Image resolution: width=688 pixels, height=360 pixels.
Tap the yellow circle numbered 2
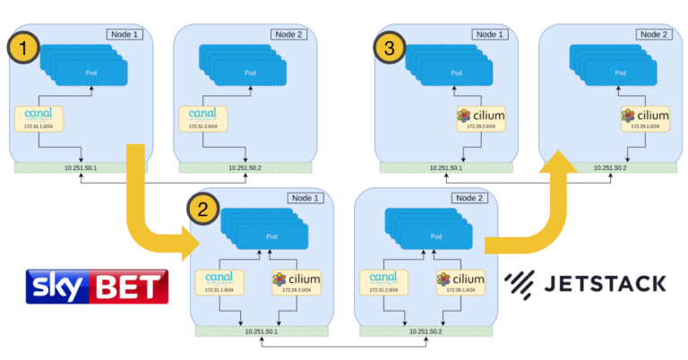click(x=202, y=210)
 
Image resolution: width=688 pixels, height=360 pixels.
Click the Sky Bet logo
click(x=97, y=286)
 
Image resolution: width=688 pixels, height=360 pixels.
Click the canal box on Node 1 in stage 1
click(x=41, y=119)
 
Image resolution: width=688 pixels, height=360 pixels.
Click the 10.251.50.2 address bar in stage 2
click(x=428, y=330)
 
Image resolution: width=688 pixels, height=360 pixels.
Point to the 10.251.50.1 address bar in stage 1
click(x=82, y=167)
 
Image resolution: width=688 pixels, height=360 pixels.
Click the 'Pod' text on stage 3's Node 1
click(x=456, y=73)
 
